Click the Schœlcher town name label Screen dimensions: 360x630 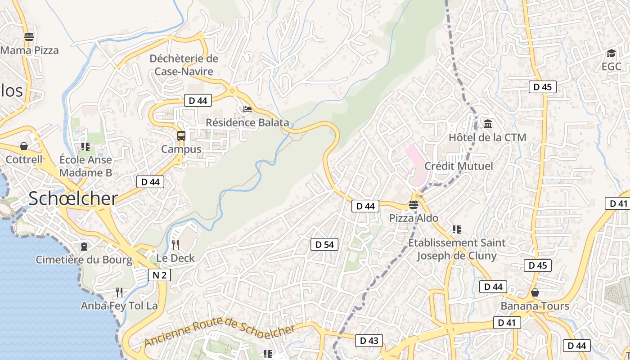tap(73, 198)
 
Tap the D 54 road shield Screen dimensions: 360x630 tap(324, 244)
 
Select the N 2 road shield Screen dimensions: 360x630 tap(159, 275)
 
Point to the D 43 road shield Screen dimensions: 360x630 tap(369, 341)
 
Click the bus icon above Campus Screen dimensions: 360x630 tap(181, 135)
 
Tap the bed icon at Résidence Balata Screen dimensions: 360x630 tap(247, 109)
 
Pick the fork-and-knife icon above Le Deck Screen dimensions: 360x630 tap(175, 244)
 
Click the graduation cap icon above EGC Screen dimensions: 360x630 tap(611, 54)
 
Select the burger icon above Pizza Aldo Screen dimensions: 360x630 tap(414, 205)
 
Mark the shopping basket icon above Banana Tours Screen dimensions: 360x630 tap(535, 292)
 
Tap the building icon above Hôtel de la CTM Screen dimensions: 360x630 tap(487, 124)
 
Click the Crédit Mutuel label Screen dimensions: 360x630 tap(459, 166)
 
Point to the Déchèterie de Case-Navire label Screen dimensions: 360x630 tap(184, 65)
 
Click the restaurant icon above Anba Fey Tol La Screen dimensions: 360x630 tap(119, 292)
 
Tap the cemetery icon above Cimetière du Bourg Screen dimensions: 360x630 tap(84, 246)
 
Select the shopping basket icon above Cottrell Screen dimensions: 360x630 tap(24, 146)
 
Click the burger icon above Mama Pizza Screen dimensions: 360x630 tap(29, 37)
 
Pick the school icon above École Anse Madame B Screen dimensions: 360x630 tap(85, 146)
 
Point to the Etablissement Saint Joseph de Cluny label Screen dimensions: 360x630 tap(457, 249)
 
